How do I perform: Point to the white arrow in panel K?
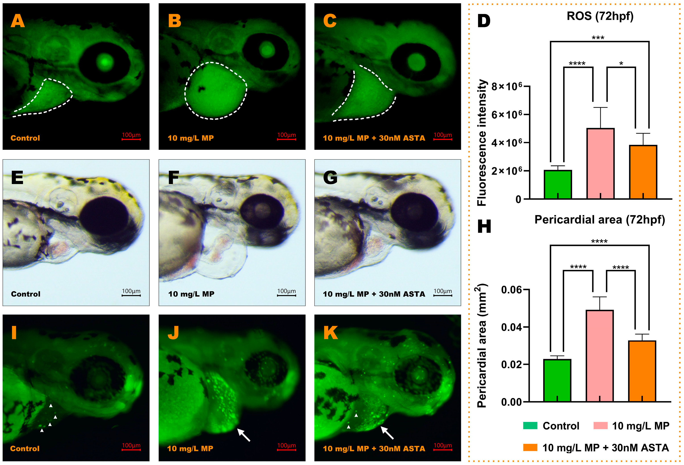point(387,433)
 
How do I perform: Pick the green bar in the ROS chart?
point(558,184)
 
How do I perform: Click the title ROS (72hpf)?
point(600,16)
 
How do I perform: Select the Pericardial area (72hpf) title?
point(600,220)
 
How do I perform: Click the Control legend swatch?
point(530,426)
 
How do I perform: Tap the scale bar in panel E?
point(131,295)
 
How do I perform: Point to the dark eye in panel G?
point(415,212)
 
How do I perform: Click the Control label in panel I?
point(25,448)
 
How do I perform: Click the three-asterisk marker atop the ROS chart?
point(598,38)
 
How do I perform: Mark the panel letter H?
point(484,227)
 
